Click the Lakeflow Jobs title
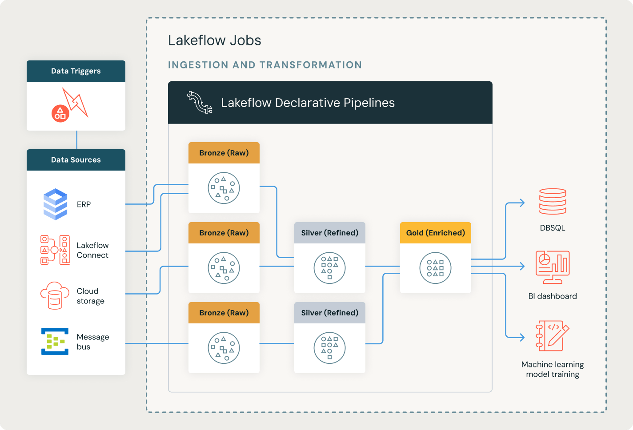pyautogui.click(x=214, y=40)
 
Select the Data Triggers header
pyautogui.click(x=76, y=71)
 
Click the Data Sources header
pyautogui.click(x=76, y=160)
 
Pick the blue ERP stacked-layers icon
pyautogui.click(x=56, y=204)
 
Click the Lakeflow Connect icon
pyautogui.click(x=55, y=250)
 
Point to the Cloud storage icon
pyautogui.click(x=55, y=295)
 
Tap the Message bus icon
pyautogui.click(x=55, y=341)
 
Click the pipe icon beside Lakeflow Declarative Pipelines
pyautogui.click(x=200, y=103)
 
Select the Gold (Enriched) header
pyautogui.click(x=435, y=233)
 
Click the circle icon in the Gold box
pyautogui.click(x=435, y=268)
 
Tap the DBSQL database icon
pyautogui.click(x=553, y=202)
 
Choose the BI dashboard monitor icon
pyautogui.click(x=553, y=267)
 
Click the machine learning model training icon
pyautogui.click(x=553, y=336)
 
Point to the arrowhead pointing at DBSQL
pyautogui.click(x=522, y=203)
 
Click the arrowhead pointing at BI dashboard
pyautogui.click(x=522, y=266)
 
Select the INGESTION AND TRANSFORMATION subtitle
pyautogui.click(x=265, y=65)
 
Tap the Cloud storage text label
pyautogui.click(x=91, y=296)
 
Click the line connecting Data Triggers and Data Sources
pyautogui.click(x=77, y=140)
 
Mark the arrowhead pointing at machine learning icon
pyautogui.click(x=522, y=337)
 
